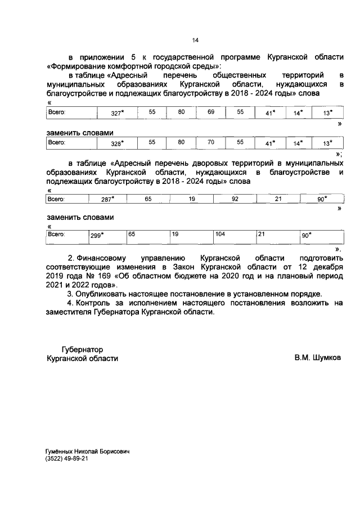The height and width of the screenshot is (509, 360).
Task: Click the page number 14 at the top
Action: click(195, 40)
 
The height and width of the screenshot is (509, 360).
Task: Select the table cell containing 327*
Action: click(117, 113)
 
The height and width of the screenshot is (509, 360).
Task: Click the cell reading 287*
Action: click(107, 199)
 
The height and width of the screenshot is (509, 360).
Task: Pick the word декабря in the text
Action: click(325, 267)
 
